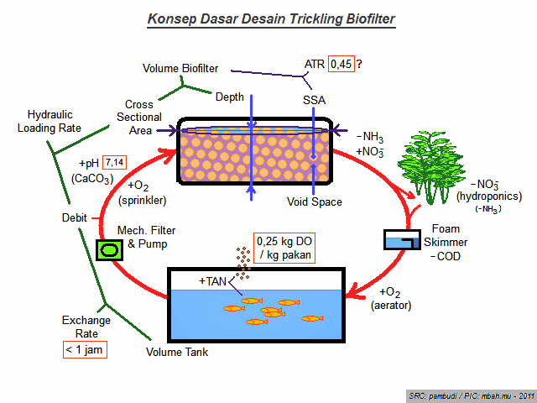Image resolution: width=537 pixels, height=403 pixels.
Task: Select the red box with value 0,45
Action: tap(341, 64)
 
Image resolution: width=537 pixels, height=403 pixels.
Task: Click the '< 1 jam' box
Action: tap(85, 349)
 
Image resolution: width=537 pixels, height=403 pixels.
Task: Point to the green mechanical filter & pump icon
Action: tap(109, 249)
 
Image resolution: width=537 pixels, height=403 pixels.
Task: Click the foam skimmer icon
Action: tap(404, 240)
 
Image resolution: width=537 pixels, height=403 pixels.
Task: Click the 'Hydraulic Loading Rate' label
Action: tap(54, 121)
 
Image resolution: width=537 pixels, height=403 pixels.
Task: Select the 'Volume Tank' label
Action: tap(177, 352)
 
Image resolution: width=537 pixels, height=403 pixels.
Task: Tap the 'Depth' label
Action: tap(229, 97)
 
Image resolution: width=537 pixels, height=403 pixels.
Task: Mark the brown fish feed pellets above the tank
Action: tap(242, 262)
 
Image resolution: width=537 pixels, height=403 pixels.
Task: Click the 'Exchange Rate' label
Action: tap(85, 327)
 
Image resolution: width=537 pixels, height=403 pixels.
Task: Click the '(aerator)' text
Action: tap(390, 306)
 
